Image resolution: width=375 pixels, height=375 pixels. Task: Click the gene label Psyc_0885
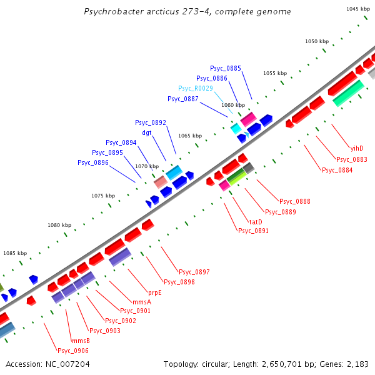(226, 68)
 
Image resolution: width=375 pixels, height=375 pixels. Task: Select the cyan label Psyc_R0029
(196, 88)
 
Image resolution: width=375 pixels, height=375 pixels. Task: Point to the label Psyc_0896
(93, 162)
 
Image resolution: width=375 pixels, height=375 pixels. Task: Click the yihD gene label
(357, 148)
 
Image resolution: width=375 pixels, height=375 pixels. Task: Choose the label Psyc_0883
(352, 159)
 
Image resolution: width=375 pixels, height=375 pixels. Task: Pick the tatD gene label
(256, 222)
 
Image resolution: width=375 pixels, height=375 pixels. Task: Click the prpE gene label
(155, 292)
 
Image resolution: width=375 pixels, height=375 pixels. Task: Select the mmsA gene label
(141, 301)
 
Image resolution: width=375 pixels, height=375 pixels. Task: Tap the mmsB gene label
(81, 341)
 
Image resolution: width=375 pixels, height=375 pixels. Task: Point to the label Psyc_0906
(73, 351)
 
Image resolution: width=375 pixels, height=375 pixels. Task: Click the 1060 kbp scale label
(232, 105)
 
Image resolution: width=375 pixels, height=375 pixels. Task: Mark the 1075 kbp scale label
(103, 196)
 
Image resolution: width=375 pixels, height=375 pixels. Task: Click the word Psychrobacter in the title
(113, 12)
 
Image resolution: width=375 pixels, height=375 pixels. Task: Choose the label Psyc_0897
(194, 272)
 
